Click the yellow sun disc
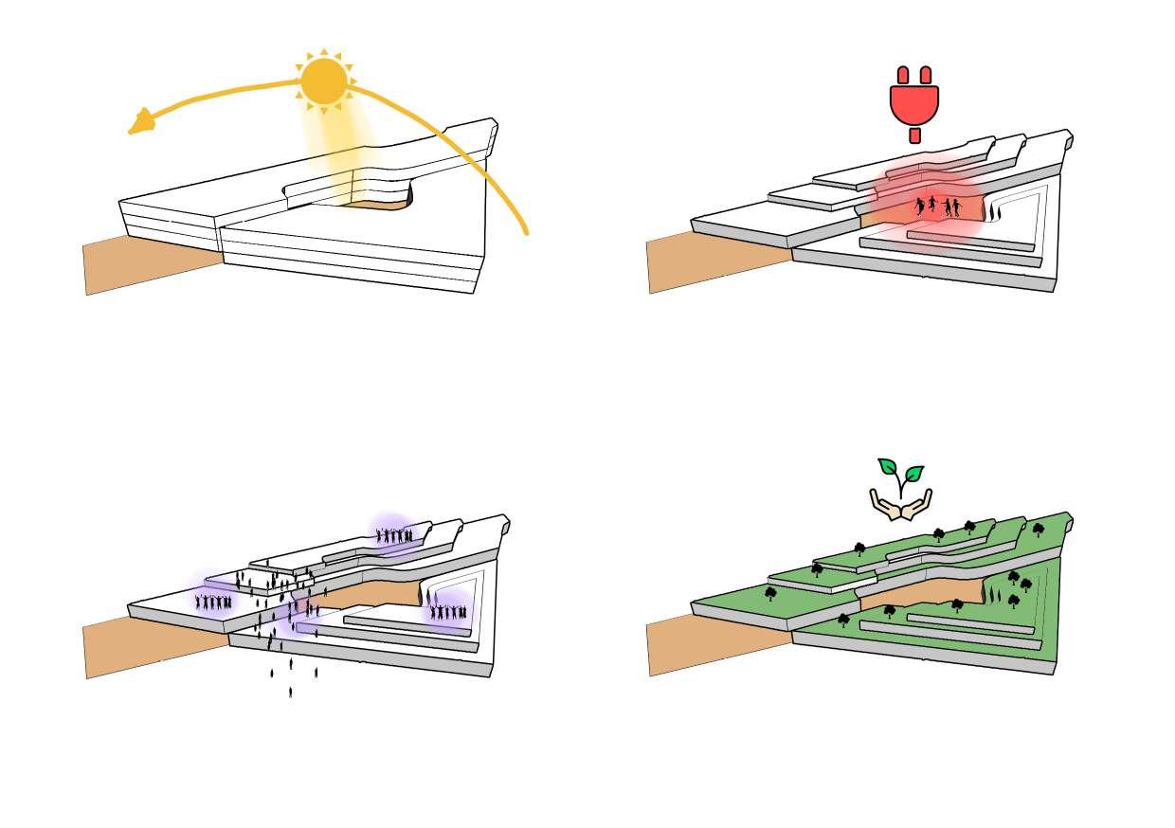(324, 81)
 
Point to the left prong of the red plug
(903, 75)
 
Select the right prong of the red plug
(926, 75)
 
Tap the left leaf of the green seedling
(888, 466)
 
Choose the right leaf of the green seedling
(913, 472)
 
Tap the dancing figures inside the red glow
(936, 207)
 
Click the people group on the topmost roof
(394, 536)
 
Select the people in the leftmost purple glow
(213, 602)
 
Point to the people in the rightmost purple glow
(448, 612)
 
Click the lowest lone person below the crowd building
(290, 693)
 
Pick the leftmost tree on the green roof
(770, 594)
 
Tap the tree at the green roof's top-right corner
(1039, 529)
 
